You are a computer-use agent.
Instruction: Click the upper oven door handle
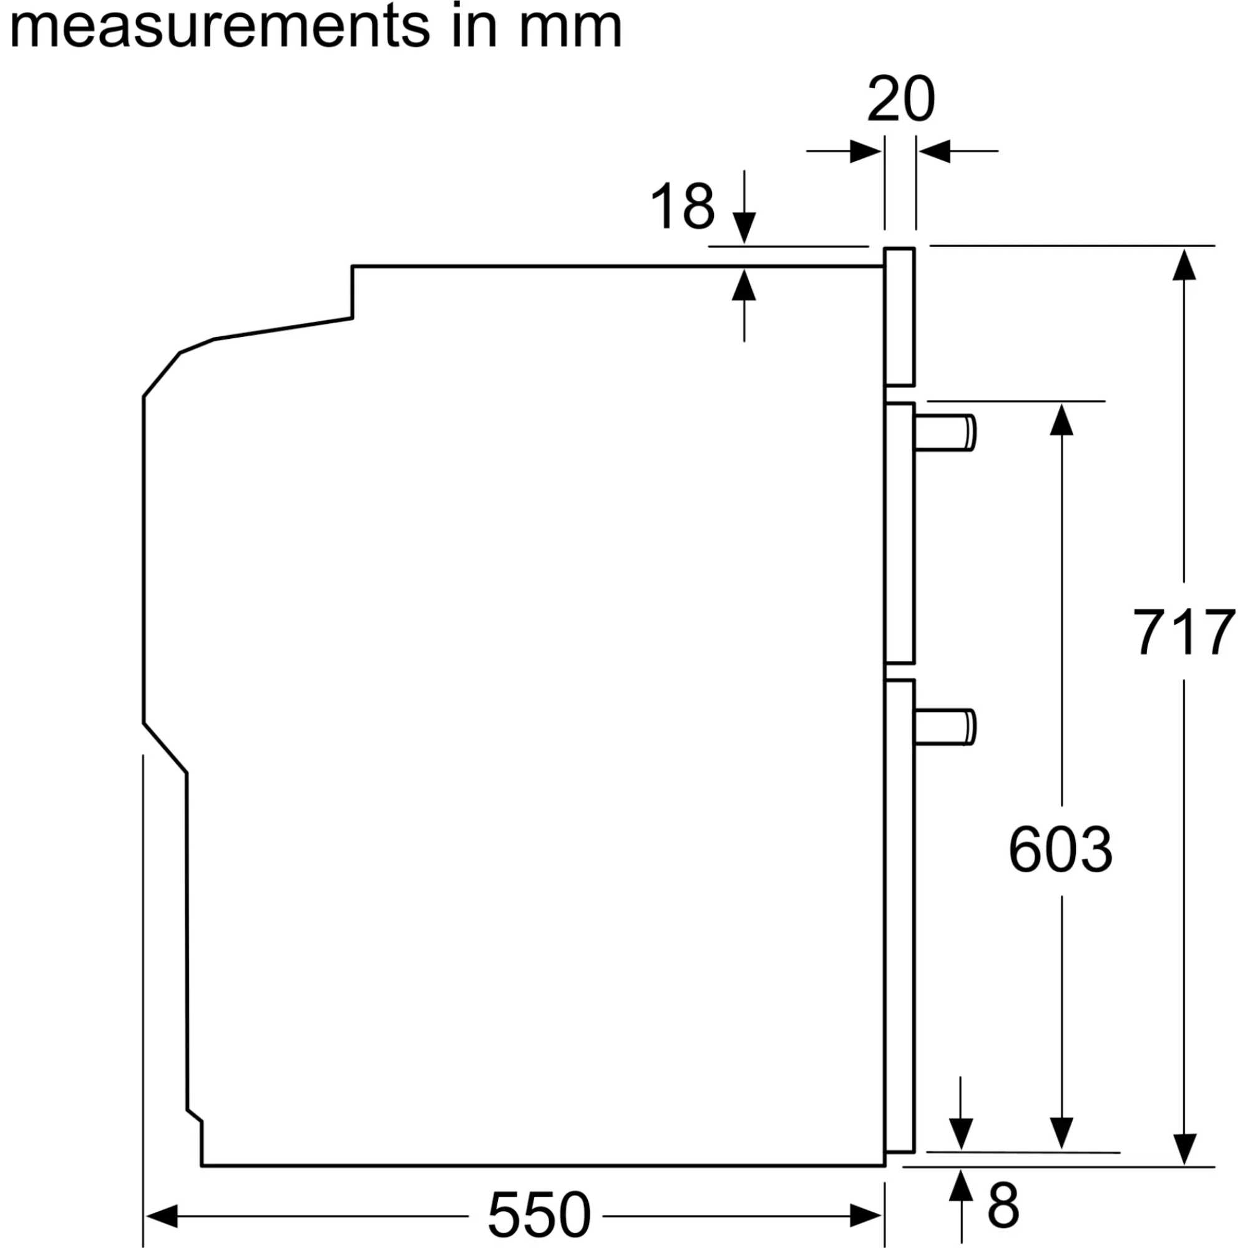click(x=944, y=433)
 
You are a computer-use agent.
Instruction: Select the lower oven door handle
click(x=944, y=728)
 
